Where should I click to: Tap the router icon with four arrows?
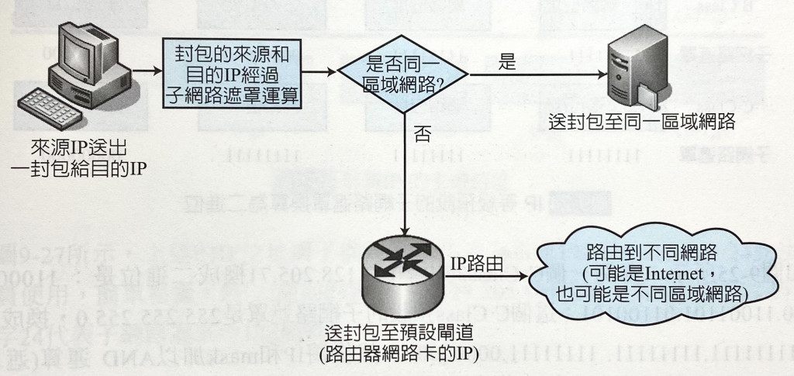click(405, 264)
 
